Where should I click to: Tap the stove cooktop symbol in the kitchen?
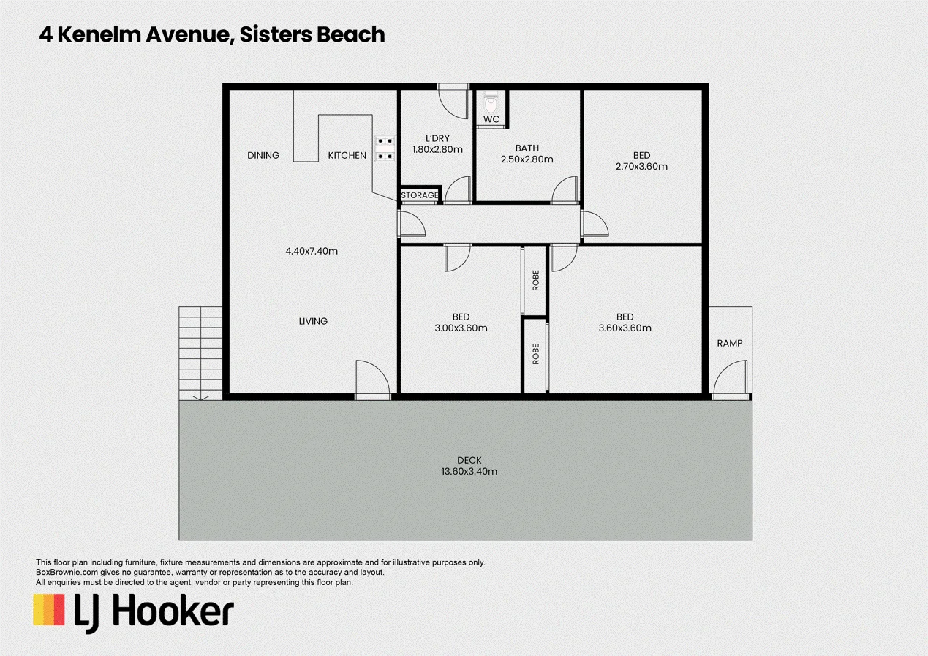[x=385, y=148]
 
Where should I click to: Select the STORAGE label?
[x=419, y=195]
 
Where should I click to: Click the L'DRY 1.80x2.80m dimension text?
[x=437, y=150]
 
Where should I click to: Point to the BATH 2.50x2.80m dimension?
[x=527, y=159]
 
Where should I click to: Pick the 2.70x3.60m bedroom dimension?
[x=641, y=167]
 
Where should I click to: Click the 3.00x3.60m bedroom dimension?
[x=461, y=328]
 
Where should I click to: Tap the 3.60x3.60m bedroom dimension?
[x=625, y=328]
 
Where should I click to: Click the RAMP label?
[x=730, y=343]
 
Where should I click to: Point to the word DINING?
[x=263, y=155]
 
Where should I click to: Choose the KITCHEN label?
[x=347, y=155]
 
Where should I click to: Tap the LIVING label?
[x=313, y=321]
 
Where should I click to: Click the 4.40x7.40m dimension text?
[x=312, y=251]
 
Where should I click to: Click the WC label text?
[x=491, y=119]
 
